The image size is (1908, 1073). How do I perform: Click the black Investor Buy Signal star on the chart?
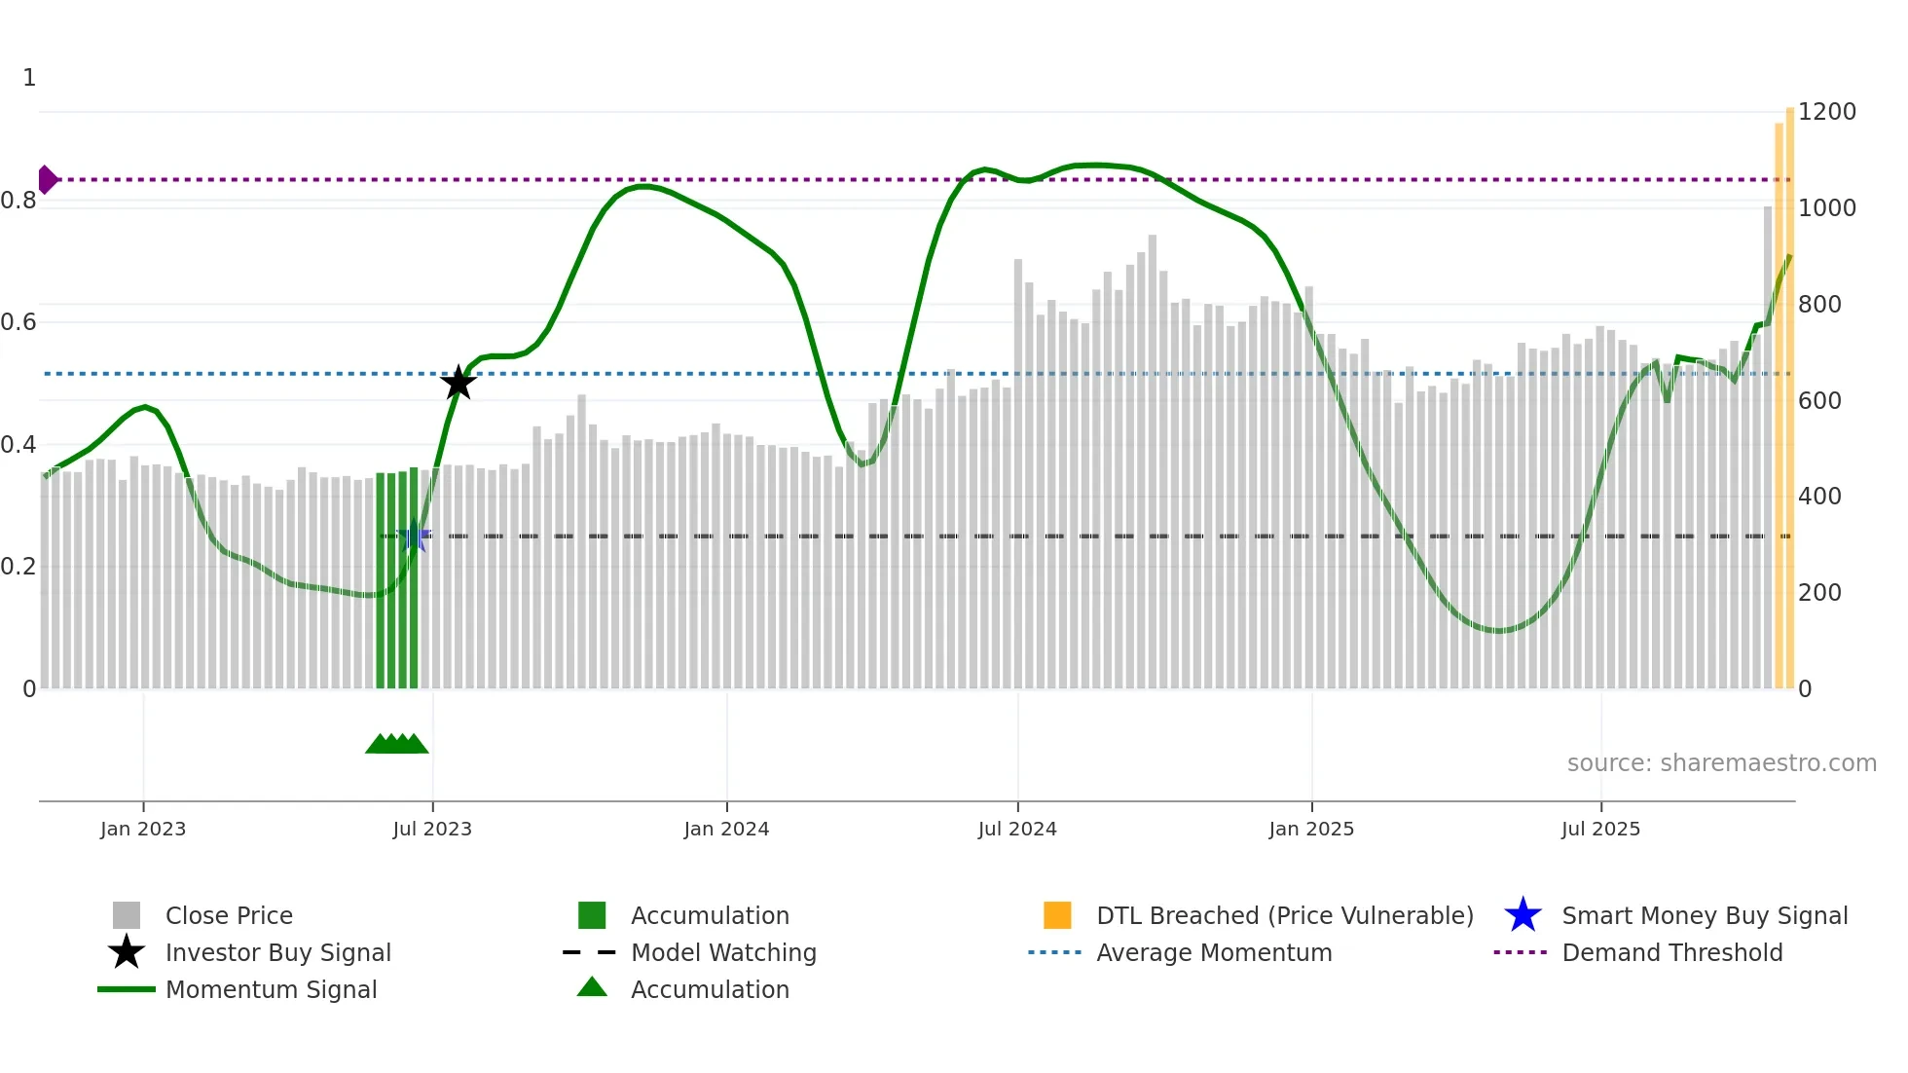coord(459,383)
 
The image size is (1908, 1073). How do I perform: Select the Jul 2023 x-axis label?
coord(432,829)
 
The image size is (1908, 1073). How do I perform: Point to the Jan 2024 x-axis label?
coord(726,829)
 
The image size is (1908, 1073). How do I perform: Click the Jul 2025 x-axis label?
coord(1600,829)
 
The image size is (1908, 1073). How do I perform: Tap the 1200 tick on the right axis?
coord(1826,112)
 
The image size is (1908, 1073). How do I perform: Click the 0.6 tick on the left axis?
coord(19,322)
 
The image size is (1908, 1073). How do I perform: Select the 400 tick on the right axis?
coord(1819,497)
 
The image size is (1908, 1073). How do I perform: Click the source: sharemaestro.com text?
coord(1721,763)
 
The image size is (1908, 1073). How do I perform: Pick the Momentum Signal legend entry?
coord(271,989)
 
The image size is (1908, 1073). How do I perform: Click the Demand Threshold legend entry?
coord(1671,952)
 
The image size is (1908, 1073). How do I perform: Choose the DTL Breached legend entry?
coord(1284,915)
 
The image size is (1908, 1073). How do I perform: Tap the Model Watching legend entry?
coord(722,952)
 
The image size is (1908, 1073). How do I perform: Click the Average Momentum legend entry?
coord(1213,952)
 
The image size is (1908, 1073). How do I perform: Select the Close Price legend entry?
coord(229,915)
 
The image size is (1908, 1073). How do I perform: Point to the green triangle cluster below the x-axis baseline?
coord(396,744)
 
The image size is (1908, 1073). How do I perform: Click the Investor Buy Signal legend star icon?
coord(127,952)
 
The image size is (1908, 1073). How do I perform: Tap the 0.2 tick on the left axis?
coord(19,567)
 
